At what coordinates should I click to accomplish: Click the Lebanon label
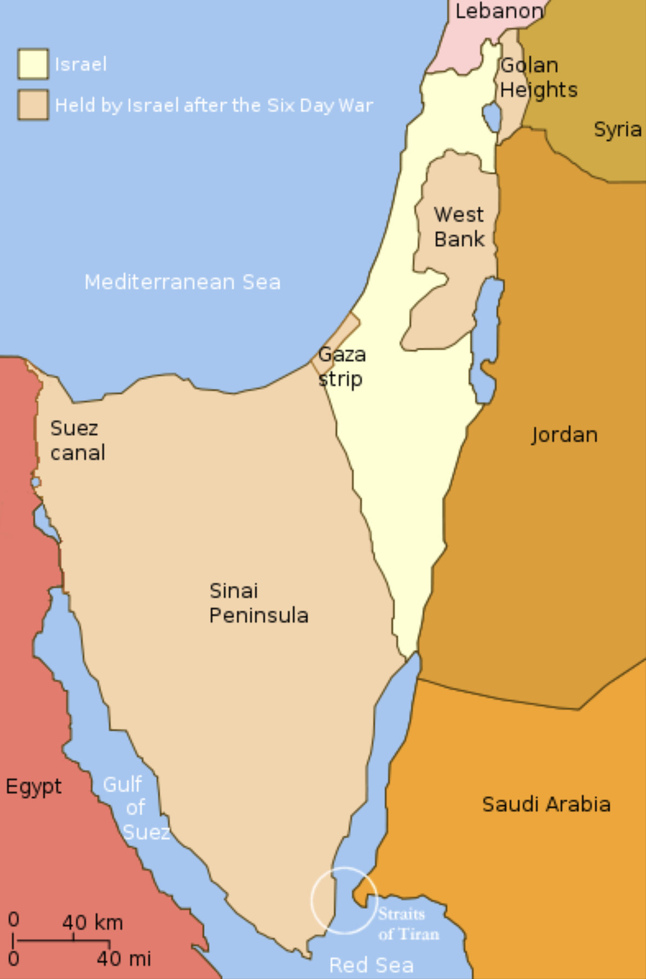[x=499, y=11]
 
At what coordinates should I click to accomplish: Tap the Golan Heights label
[x=538, y=77]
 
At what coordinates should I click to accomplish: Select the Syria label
[x=618, y=129]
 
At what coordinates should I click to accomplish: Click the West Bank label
[x=459, y=227]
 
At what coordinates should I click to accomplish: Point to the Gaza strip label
[x=342, y=366]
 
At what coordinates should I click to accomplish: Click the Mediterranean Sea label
[x=182, y=282]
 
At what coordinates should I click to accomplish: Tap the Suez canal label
[x=77, y=440]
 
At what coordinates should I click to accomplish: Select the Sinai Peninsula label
[x=258, y=603]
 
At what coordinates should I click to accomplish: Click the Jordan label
[x=564, y=435]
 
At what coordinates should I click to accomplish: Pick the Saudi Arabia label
[x=546, y=804]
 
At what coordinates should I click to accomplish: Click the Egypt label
[x=33, y=787]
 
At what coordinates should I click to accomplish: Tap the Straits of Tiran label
[x=408, y=924]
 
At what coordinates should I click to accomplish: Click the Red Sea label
[x=371, y=965]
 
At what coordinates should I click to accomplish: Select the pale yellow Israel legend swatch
[x=33, y=64]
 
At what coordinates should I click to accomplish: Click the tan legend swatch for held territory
[x=33, y=105]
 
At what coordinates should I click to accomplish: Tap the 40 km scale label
[x=92, y=923]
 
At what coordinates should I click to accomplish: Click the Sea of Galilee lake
[x=492, y=117]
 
